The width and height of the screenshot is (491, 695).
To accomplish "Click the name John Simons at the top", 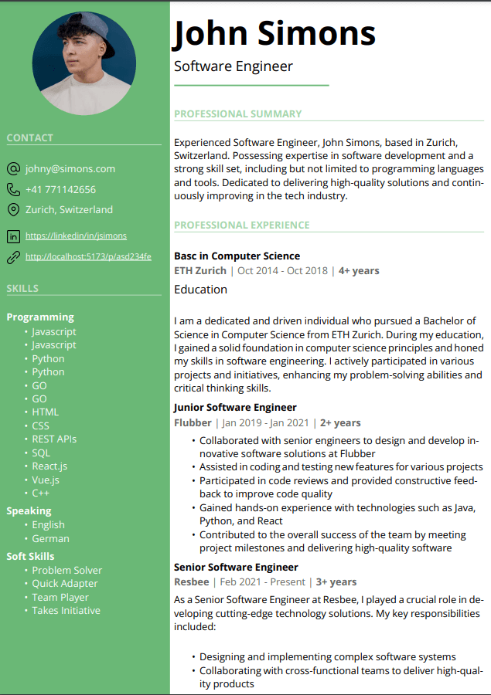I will click(x=274, y=33).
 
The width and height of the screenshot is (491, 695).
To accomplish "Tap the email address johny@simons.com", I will click(x=70, y=168).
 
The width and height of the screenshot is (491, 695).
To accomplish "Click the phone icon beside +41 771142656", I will click(x=13, y=189).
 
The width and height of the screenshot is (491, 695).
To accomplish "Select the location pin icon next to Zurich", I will click(x=13, y=210).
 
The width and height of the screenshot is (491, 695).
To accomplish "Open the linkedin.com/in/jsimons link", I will click(x=76, y=236).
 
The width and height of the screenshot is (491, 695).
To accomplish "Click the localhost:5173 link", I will click(x=88, y=256).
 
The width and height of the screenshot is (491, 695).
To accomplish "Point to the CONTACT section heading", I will click(x=30, y=138).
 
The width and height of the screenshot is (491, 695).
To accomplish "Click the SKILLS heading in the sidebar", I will click(x=22, y=289).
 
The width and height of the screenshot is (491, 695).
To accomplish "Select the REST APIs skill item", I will click(x=54, y=439).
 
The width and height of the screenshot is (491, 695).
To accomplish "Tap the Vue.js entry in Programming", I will click(x=46, y=480).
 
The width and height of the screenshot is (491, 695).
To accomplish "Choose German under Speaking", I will click(x=50, y=538).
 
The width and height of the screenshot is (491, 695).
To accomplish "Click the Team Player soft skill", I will click(x=60, y=597).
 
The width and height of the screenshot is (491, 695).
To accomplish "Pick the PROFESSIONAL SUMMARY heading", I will click(x=237, y=114).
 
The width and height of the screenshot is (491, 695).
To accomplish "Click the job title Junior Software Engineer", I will click(x=235, y=408).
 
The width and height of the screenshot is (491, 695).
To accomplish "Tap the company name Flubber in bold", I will click(x=193, y=422).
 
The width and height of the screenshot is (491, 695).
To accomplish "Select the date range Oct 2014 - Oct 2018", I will click(x=282, y=271).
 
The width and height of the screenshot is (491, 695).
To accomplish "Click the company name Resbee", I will click(x=191, y=581).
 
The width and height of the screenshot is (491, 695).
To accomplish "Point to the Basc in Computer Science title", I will click(x=237, y=256).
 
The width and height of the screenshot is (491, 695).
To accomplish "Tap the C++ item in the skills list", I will click(x=41, y=493).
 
